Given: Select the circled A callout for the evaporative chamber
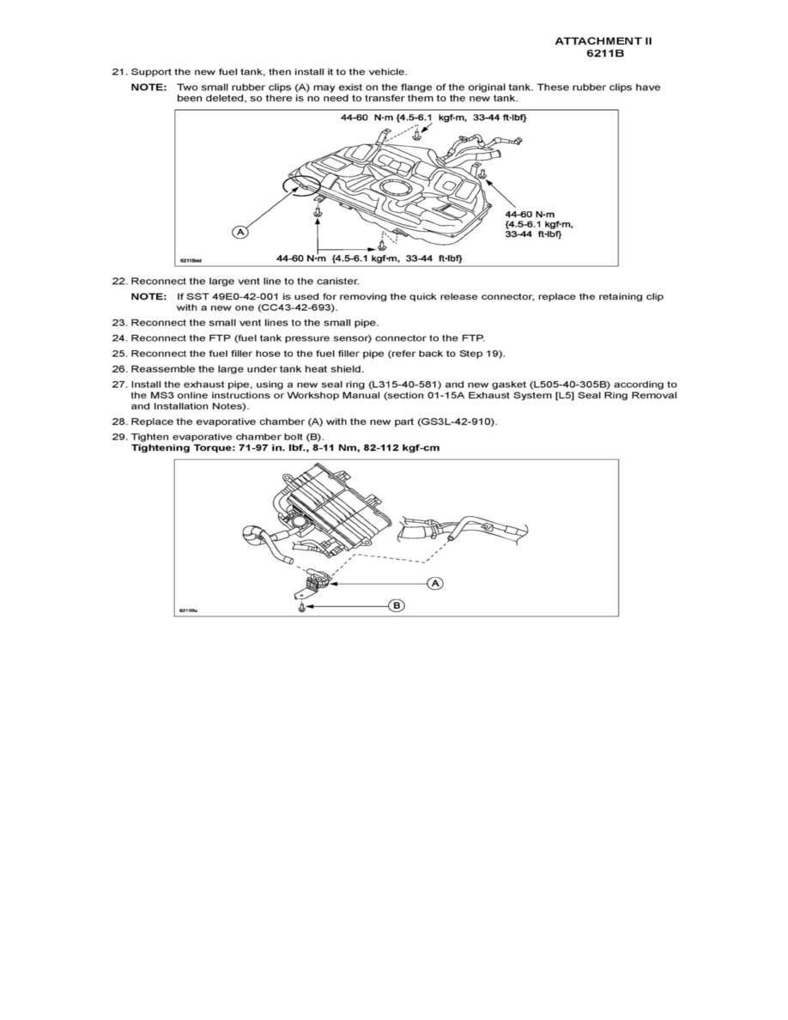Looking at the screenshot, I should point(435,583).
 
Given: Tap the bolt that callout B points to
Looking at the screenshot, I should point(303,607).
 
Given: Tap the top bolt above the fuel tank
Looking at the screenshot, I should point(416,136).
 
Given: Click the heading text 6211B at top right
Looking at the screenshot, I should point(609,53).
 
